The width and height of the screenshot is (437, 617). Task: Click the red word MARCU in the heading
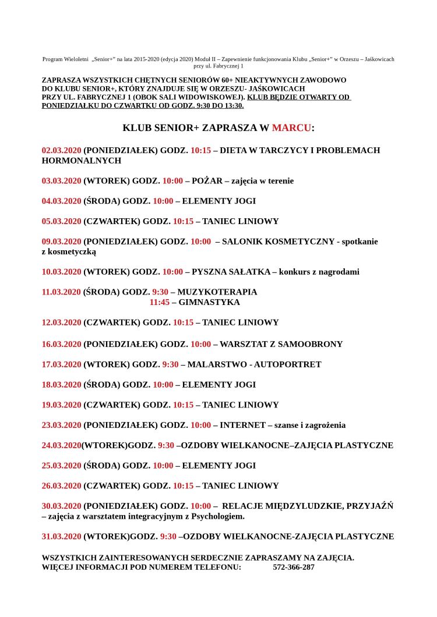tap(291, 128)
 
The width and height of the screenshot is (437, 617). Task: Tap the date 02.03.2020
tap(61, 150)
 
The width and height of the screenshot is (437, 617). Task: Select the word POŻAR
tap(207, 181)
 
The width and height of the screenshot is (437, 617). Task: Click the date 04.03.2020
tap(61, 201)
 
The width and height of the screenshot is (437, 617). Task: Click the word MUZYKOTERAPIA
tap(217, 292)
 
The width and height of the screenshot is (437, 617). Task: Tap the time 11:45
tap(159, 303)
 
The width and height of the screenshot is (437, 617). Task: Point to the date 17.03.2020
tap(61, 364)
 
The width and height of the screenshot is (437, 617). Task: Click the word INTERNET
tap(242, 425)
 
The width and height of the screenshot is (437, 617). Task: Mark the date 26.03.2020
tap(61, 486)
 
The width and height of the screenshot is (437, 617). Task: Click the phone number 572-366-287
tap(294, 567)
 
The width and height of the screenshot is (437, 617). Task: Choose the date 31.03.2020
tap(61, 537)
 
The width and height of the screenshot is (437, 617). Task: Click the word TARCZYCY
tap(285, 150)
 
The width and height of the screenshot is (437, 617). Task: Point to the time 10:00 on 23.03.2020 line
tap(200, 425)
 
